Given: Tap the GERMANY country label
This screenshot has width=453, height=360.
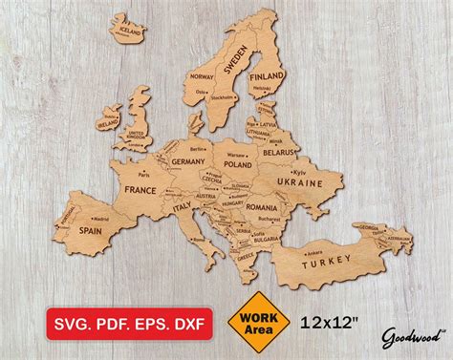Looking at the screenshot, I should pyautogui.click(x=190, y=162).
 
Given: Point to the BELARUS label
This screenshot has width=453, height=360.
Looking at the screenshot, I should pyautogui.click(x=280, y=151).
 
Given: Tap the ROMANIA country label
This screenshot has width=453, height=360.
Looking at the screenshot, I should pyautogui.click(x=261, y=206).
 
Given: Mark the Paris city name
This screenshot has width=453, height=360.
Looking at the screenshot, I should pyautogui.click(x=144, y=176).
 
